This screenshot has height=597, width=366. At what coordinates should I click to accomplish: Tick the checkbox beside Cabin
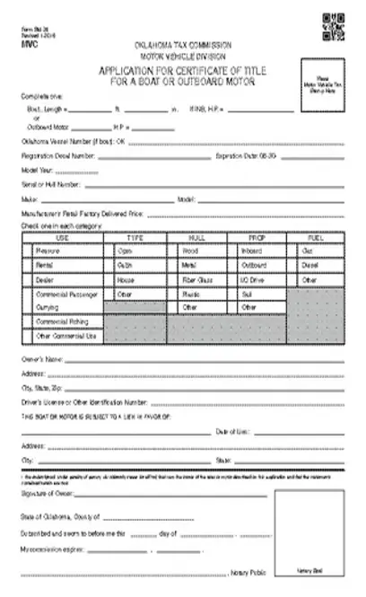tap(112, 266)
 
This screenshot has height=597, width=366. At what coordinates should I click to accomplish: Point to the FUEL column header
tap(317, 237)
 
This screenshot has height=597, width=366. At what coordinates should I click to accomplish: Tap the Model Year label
tap(36, 170)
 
